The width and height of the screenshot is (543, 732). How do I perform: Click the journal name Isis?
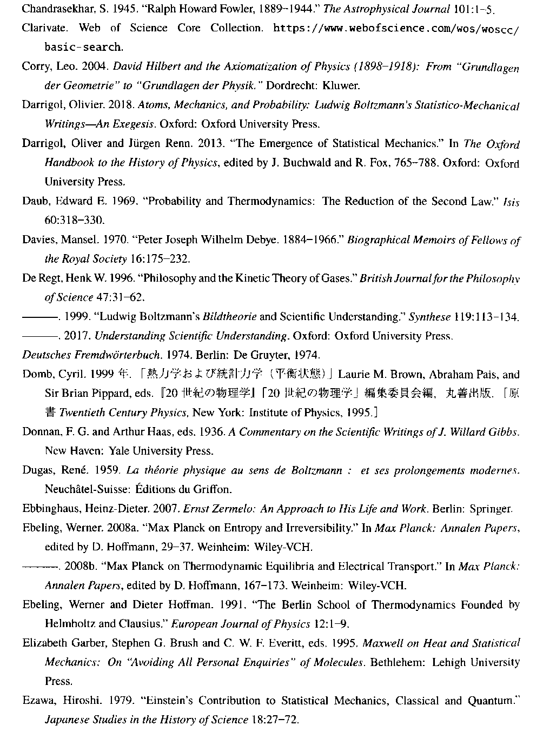(511, 202)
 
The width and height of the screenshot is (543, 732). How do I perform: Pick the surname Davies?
(38, 240)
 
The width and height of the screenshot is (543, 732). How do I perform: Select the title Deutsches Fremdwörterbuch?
(91, 355)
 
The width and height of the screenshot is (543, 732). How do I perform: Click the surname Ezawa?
(37, 701)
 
